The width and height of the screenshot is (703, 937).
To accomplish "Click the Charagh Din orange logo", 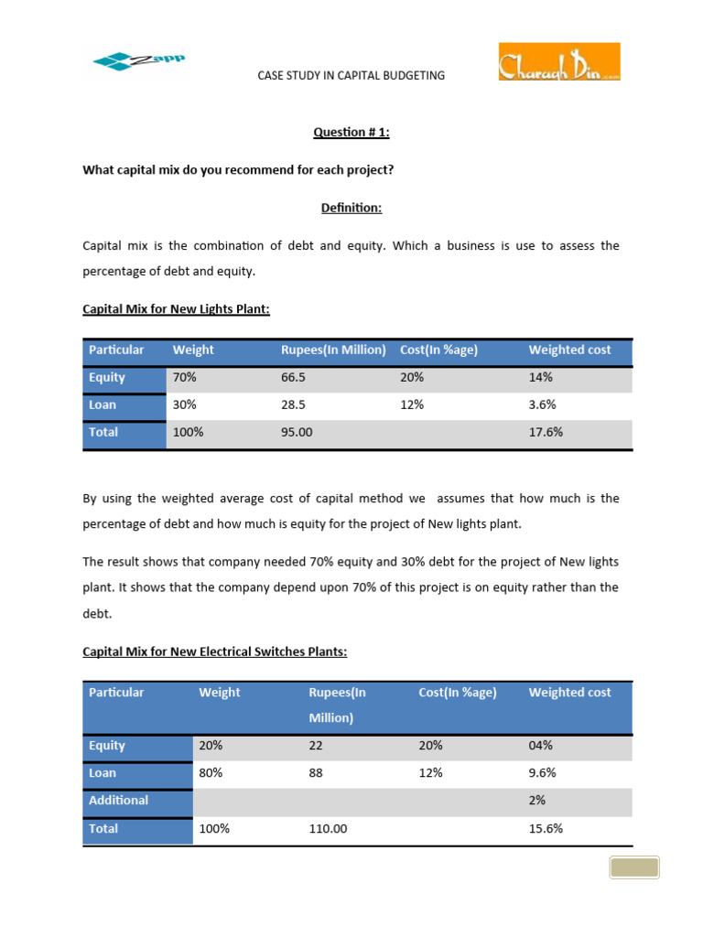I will click(558, 62).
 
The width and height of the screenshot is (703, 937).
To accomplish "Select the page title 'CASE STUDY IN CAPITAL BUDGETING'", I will click(351, 75).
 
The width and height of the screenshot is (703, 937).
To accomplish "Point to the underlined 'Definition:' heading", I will click(351, 208).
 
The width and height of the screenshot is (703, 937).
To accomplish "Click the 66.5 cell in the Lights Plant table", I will click(295, 377).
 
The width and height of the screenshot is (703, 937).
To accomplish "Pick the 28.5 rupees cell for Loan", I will click(295, 404).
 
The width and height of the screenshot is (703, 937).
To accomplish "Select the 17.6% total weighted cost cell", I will click(545, 432).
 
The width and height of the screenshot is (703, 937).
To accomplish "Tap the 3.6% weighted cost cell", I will click(542, 404).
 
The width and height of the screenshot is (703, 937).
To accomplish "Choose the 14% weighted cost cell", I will click(540, 377).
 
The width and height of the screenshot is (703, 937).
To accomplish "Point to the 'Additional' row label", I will click(118, 800).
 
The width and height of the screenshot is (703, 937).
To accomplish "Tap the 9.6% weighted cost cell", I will click(542, 772).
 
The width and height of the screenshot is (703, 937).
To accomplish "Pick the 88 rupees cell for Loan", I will click(317, 772).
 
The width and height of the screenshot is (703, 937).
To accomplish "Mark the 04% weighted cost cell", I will click(540, 745).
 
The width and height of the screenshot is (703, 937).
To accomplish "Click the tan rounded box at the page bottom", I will click(633, 867).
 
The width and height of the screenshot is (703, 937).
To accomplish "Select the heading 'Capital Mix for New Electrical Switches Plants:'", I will click(215, 652).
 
